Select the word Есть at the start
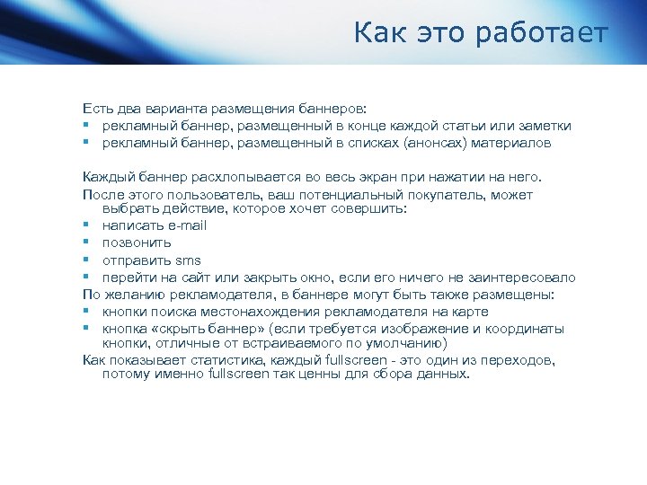[97, 108]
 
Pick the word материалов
[519, 142]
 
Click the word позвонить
[137, 242]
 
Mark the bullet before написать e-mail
[87, 225]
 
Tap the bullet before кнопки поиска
[87, 312]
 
